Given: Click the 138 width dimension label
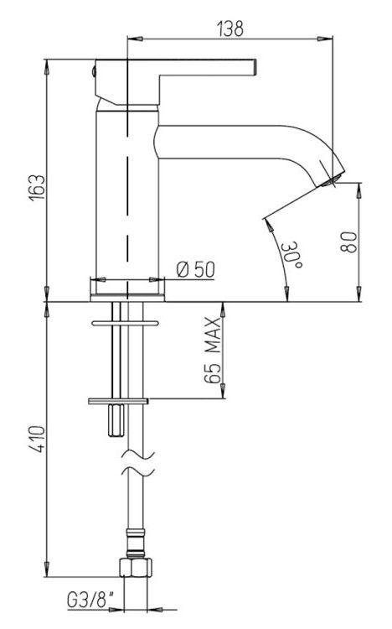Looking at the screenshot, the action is click(230, 29).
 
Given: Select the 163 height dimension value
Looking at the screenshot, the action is click(37, 187).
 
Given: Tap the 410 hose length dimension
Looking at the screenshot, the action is click(39, 439).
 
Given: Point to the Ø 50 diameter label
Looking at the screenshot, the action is click(196, 269).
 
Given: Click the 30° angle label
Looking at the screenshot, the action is click(291, 256).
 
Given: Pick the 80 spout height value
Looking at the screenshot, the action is click(348, 242).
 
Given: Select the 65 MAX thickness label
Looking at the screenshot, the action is click(212, 351).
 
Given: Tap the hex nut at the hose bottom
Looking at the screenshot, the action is click(136, 567).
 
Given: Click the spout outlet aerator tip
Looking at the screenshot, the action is click(333, 181).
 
